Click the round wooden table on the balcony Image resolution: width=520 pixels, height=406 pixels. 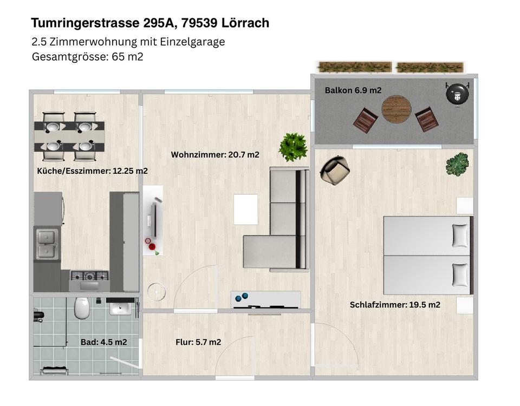[x=396, y=109]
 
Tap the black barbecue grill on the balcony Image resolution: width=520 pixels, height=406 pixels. [x=458, y=93]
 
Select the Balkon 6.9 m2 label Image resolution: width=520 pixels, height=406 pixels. [x=353, y=90]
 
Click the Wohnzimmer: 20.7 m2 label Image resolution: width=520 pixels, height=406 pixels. [x=215, y=154]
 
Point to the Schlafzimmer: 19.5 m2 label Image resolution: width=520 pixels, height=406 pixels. [x=395, y=305]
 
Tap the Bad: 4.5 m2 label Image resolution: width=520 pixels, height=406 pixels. [x=104, y=342]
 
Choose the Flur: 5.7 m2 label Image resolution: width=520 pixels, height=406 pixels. [x=198, y=342]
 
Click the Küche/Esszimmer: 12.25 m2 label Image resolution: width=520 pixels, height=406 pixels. [x=92, y=171]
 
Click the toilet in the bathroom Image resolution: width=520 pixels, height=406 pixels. [x=82, y=307]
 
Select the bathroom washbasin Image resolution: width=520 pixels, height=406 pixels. [x=121, y=306]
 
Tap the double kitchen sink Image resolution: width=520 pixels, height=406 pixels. [x=47, y=244]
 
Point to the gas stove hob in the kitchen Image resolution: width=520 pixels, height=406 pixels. [x=89, y=276]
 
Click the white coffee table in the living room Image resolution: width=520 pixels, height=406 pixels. [x=246, y=209]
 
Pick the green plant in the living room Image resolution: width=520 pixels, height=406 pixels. [x=293, y=147]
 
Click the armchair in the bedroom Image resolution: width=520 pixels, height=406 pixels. [x=335, y=170]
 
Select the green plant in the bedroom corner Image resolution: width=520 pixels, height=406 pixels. [x=457, y=164]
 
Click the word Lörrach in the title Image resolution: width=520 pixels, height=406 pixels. [x=245, y=23]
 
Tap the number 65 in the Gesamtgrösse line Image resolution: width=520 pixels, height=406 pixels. [x=118, y=57]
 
